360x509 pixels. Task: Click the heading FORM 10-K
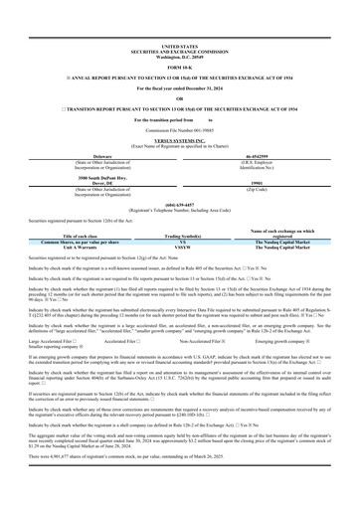[x=180, y=40]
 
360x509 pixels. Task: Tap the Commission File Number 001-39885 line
[x=180, y=101]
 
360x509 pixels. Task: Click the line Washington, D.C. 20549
[x=180, y=28]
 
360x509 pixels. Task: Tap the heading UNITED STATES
[x=180, y=18]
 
